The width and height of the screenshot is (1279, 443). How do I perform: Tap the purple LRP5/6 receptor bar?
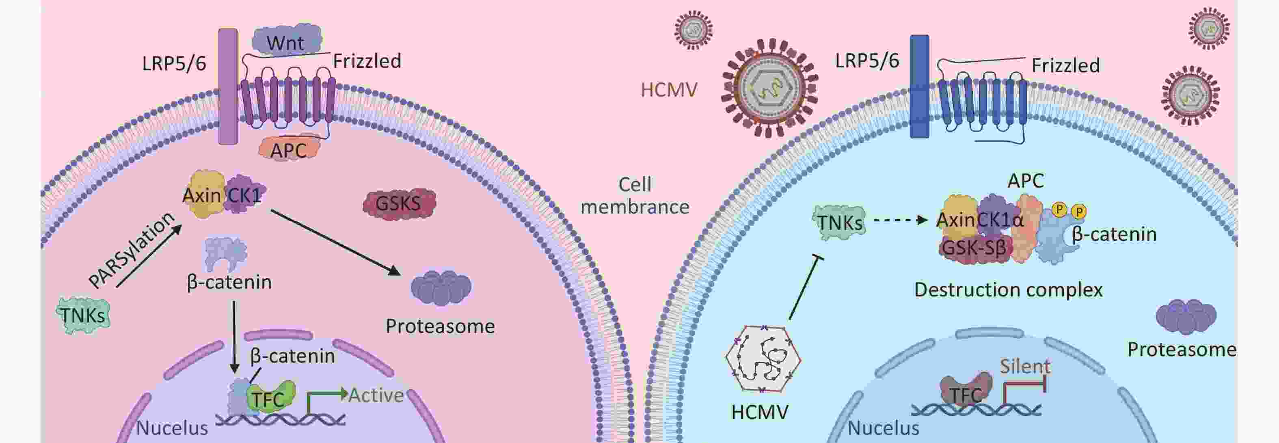click(x=228, y=86)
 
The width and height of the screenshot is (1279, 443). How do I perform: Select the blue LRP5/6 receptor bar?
click(x=919, y=86)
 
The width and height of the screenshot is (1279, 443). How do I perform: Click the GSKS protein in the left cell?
click(x=399, y=203)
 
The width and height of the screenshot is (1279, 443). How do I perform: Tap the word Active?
click(x=376, y=395)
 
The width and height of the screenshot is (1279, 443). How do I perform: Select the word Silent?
click(x=1024, y=367)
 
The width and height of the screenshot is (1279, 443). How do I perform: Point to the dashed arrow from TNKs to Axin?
click(x=900, y=220)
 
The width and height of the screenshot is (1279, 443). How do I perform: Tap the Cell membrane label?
click(x=635, y=196)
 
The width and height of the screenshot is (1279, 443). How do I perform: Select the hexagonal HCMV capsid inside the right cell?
click(x=762, y=359)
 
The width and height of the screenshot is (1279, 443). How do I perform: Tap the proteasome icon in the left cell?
click(x=441, y=287)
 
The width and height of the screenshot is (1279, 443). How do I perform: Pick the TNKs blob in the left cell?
click(x=83, y=315)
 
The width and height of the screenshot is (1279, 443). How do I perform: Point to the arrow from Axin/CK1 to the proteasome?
click(x=335, y=242)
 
